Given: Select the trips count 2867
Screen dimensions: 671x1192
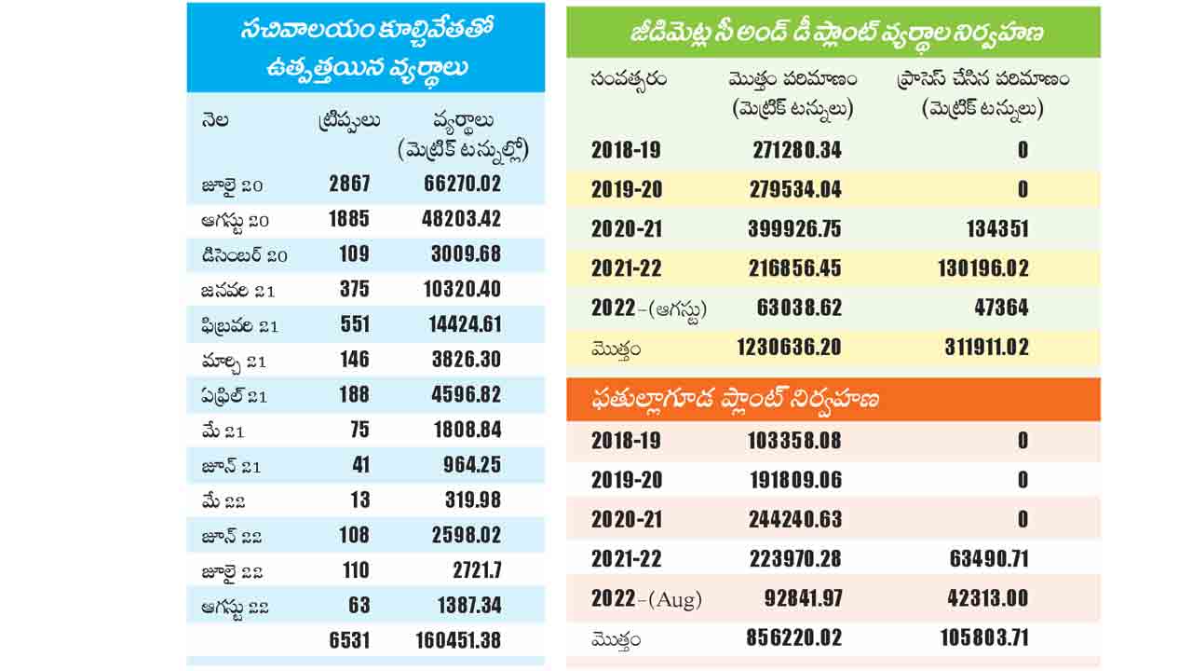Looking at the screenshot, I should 349,184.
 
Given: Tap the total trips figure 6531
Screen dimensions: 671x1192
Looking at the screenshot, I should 349,641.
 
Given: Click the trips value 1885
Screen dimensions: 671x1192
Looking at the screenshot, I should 349,219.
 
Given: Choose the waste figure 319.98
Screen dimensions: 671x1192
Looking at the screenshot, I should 473,500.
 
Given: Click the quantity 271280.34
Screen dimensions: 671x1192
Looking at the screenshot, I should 795,150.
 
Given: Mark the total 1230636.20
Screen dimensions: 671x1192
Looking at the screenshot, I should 789,348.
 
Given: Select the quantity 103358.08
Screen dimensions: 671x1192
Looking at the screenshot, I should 795,441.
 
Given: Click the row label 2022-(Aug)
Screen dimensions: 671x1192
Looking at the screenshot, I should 646,599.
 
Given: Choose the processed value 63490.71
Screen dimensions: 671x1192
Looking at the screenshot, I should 984,559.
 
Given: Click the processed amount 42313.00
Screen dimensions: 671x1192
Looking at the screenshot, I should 984,599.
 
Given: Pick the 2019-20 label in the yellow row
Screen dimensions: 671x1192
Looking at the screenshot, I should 627,190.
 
